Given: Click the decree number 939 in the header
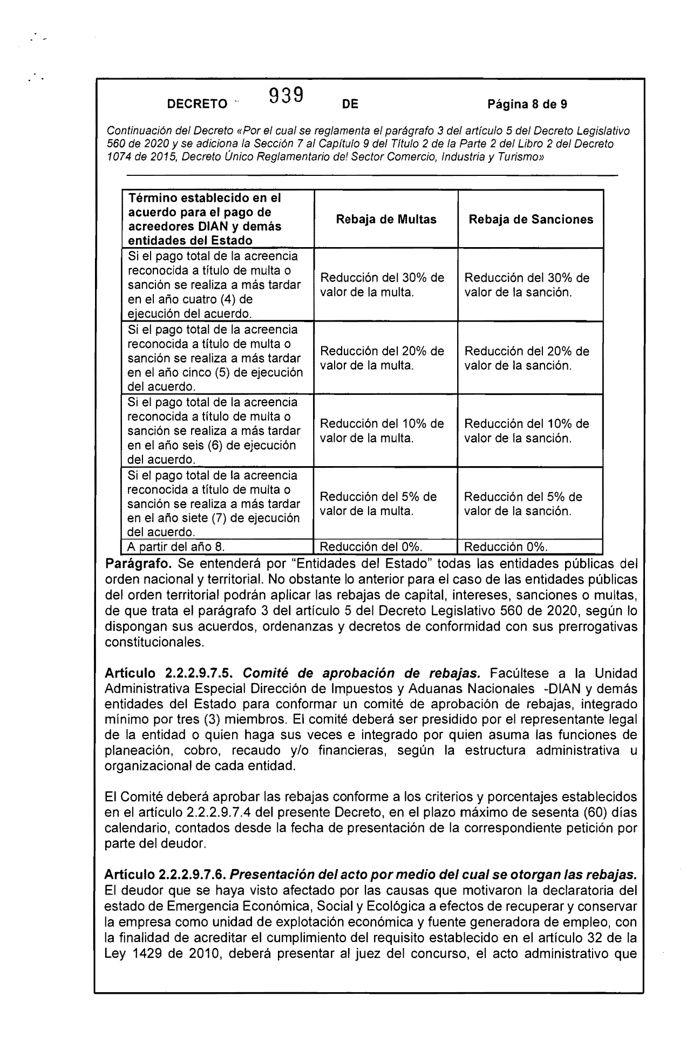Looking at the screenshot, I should pos(286,97).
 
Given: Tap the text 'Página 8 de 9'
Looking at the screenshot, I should pos(527,104).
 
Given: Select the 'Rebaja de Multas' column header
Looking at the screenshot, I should pos(386,220).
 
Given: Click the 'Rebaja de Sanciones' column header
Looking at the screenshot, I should pos(531,220).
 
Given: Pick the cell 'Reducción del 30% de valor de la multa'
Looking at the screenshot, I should pos(382,285).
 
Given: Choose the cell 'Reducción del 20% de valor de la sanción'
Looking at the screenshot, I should pos(526,358).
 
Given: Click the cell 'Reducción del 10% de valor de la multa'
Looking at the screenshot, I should pos(382,431).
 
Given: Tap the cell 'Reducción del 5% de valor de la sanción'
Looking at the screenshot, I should pos(522,504).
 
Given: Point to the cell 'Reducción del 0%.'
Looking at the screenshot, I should pos(371,547).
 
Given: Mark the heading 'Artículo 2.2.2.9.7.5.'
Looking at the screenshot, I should pos(169,674).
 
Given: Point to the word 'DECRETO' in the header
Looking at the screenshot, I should pos(197,105).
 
